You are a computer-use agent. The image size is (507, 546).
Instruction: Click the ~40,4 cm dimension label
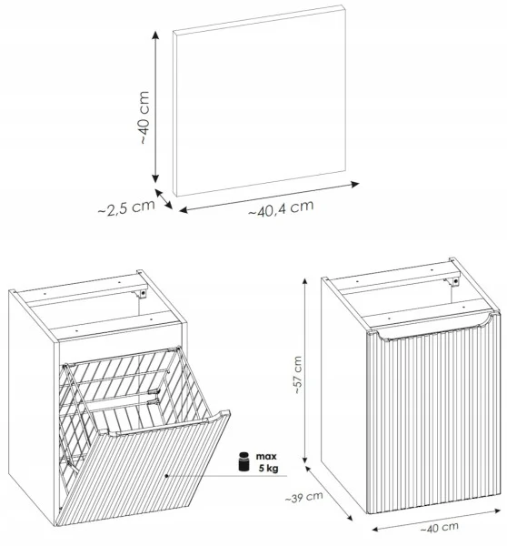(281, 207)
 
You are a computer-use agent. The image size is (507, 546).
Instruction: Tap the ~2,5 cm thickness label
(126, 207)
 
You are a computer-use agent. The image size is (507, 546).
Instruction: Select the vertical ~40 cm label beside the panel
(144, 117)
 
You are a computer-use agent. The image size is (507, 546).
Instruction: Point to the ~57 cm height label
(297, 375)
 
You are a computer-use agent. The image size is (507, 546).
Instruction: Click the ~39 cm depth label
(303, 497)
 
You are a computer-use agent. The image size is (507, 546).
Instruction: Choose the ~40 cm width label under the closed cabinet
(439, 528)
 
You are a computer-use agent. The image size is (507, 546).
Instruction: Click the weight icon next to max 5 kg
(244, 461)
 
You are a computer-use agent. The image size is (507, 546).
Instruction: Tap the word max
(266, 456)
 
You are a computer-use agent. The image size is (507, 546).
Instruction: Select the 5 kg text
(268, 469)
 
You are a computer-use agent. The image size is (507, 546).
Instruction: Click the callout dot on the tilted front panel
(167, 475)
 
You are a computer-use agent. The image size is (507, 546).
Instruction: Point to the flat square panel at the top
(260, 101)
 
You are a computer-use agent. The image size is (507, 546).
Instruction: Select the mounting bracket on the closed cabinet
(452, 281)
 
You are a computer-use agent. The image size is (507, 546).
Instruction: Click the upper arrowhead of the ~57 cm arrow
(305, 281)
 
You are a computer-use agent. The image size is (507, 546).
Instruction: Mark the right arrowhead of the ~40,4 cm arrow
(355, 184)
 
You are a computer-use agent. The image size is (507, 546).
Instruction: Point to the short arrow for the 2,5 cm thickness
(164, 199)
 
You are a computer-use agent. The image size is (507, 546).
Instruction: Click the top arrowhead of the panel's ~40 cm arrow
(155, 35)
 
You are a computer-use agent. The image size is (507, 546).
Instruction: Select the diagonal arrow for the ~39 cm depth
(329, 493)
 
